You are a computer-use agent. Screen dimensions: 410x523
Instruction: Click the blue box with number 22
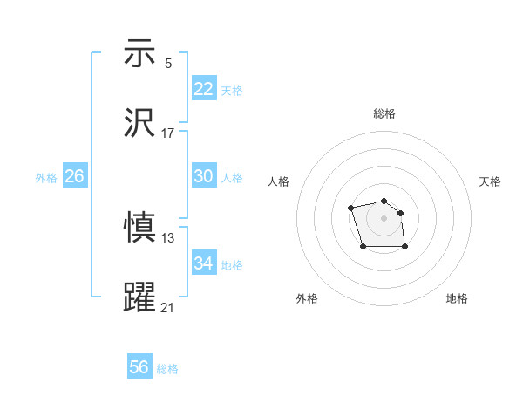coord(204,88)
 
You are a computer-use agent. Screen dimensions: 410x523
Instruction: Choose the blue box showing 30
coord(204,175)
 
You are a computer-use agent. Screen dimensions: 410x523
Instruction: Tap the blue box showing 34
coord(204,263)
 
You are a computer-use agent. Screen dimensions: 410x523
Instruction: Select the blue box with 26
coord(74,176)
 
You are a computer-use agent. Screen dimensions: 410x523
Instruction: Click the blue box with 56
coord(139,367)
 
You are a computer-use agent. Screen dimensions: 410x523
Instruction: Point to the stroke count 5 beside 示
coord(168,64)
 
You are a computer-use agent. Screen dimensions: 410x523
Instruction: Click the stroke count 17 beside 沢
coord(168,133)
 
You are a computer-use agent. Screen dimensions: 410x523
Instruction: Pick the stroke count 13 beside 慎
coord(168,238)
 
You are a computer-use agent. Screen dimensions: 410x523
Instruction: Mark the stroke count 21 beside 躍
coord(168,308)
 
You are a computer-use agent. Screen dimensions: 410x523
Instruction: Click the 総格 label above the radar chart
coord(384,113)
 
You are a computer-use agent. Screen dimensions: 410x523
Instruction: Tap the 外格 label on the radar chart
coord(307,298)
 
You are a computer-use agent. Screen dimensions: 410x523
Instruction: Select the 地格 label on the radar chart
coord(457,298)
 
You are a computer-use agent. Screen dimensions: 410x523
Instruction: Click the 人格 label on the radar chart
coord(279,181)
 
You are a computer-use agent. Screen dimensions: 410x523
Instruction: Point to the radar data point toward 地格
coord(405,248)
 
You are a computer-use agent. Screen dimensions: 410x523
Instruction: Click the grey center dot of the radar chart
coord(384,217)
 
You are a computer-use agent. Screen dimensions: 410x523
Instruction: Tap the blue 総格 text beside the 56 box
coord(167,369)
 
